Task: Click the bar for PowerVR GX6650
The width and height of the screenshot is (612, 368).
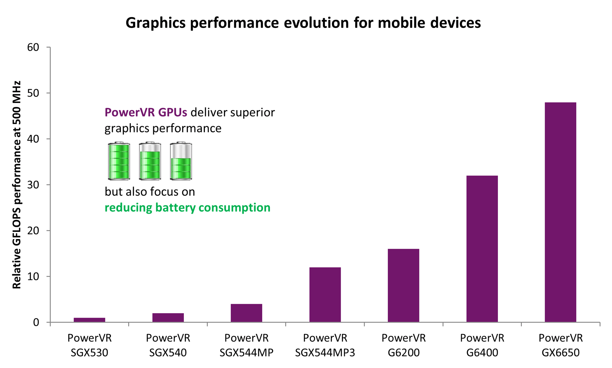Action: [560, 212]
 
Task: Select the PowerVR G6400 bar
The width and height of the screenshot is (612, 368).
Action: [482, 248]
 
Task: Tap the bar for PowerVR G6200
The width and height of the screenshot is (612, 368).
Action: [403, 285]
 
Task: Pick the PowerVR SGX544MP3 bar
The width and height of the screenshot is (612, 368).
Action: [325, 294]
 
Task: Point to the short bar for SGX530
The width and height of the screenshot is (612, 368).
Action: [89, 320]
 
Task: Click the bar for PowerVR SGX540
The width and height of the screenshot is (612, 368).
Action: [168, 317]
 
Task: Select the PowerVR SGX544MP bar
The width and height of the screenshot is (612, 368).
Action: [246, 313]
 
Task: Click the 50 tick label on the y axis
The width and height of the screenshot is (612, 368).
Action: [33, 93]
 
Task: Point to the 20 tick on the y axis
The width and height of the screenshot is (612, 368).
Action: [33, 231]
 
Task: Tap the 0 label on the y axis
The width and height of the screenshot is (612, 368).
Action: [36, 322]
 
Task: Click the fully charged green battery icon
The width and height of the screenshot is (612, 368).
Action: [119, 161]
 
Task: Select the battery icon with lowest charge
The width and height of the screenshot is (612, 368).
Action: [181, 161]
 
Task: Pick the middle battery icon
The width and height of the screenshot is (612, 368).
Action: [150, 161]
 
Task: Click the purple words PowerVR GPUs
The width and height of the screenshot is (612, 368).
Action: [146, 112]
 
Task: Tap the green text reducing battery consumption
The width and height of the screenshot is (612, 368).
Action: [187, 208]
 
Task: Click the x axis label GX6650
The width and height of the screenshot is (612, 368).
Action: [560, 353]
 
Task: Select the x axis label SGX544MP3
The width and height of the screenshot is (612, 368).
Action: [325, 353]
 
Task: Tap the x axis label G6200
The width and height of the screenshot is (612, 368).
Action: [403, 353]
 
